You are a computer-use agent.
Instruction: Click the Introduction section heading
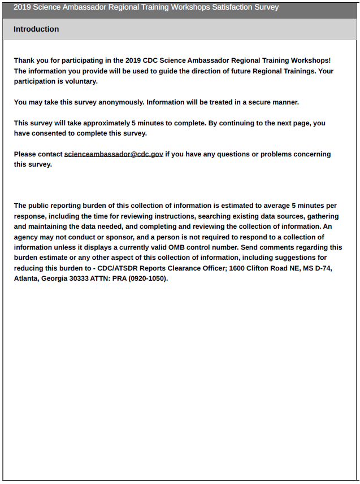[36, 29]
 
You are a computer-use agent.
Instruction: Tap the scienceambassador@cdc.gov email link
[114, 154]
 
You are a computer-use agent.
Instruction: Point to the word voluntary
[83, 81]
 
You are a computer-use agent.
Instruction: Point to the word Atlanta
[27, 278]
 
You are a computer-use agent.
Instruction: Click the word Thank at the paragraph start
[24, 60]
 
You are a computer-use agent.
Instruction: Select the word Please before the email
[25, 154]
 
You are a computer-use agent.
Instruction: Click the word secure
[255, 102]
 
